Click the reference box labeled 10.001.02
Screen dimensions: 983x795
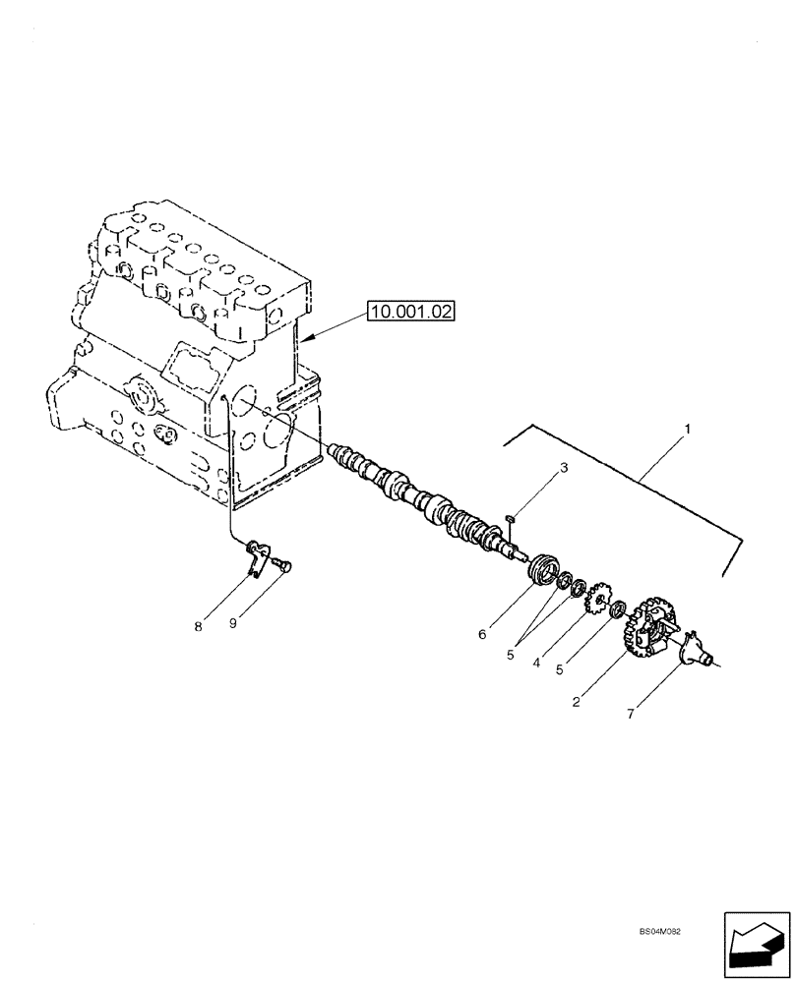[413, 313]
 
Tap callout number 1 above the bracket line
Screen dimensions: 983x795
[688, 430]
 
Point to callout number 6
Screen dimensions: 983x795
[482, 635]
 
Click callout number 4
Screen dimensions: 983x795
[536, 664]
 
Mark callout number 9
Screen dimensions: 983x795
[235, 624]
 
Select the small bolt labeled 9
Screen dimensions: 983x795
[285, 565]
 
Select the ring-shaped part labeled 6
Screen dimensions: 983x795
[543, 572]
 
